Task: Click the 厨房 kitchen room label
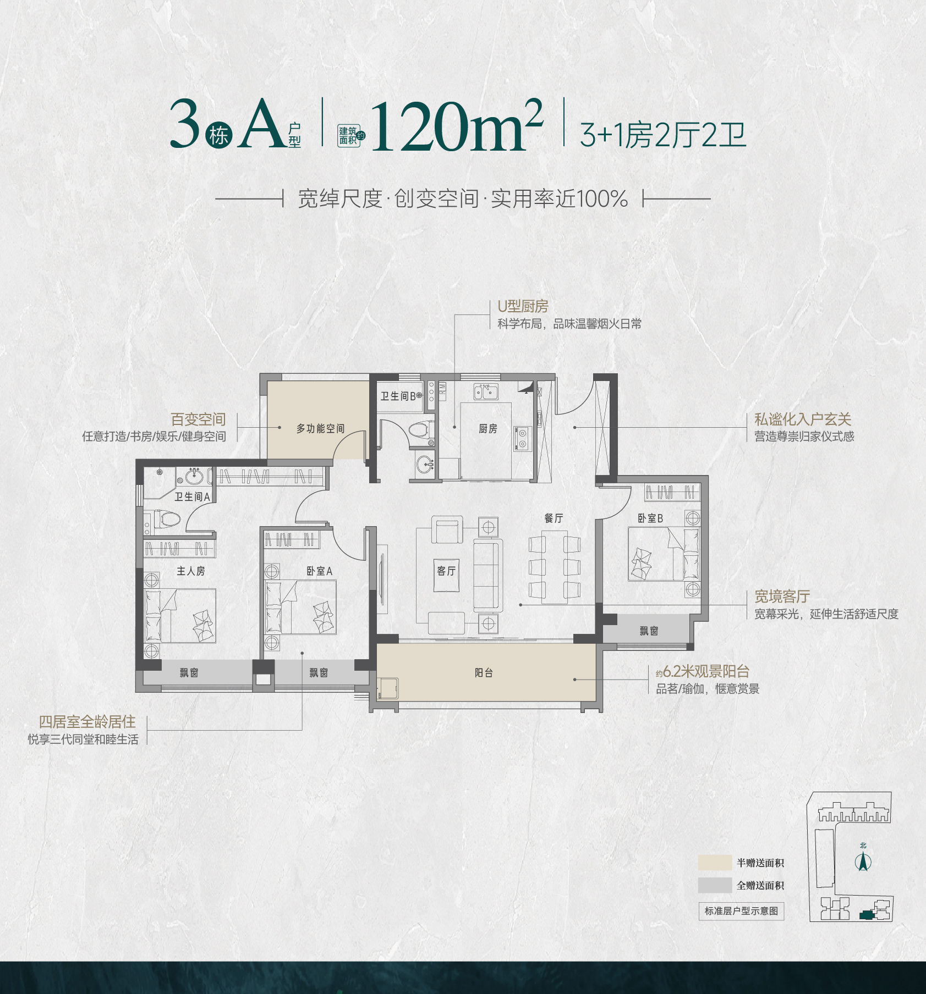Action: tap(487, 429)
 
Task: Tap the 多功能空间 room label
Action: tap(320, 428)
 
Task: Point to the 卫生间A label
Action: tap(192, 496)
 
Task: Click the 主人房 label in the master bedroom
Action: tap(190, 571)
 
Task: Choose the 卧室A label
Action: tap(319, 571)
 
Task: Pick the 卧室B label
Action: tap(650, 518)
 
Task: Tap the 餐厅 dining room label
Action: tap(554, 518)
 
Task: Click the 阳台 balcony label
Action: tap(484, 672)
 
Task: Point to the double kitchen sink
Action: tap(486, 392)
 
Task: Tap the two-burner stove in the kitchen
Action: tap(521, 439)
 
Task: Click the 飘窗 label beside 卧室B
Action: tap(649, 631)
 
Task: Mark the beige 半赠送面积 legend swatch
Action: tap(715, 863)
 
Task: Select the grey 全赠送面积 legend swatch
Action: tap(715, 885)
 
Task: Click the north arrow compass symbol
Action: tap(863, 862)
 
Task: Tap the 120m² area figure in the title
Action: tap(457, 125)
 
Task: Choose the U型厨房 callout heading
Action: tap(523, 306)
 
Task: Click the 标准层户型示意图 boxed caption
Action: tap(741, 911)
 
